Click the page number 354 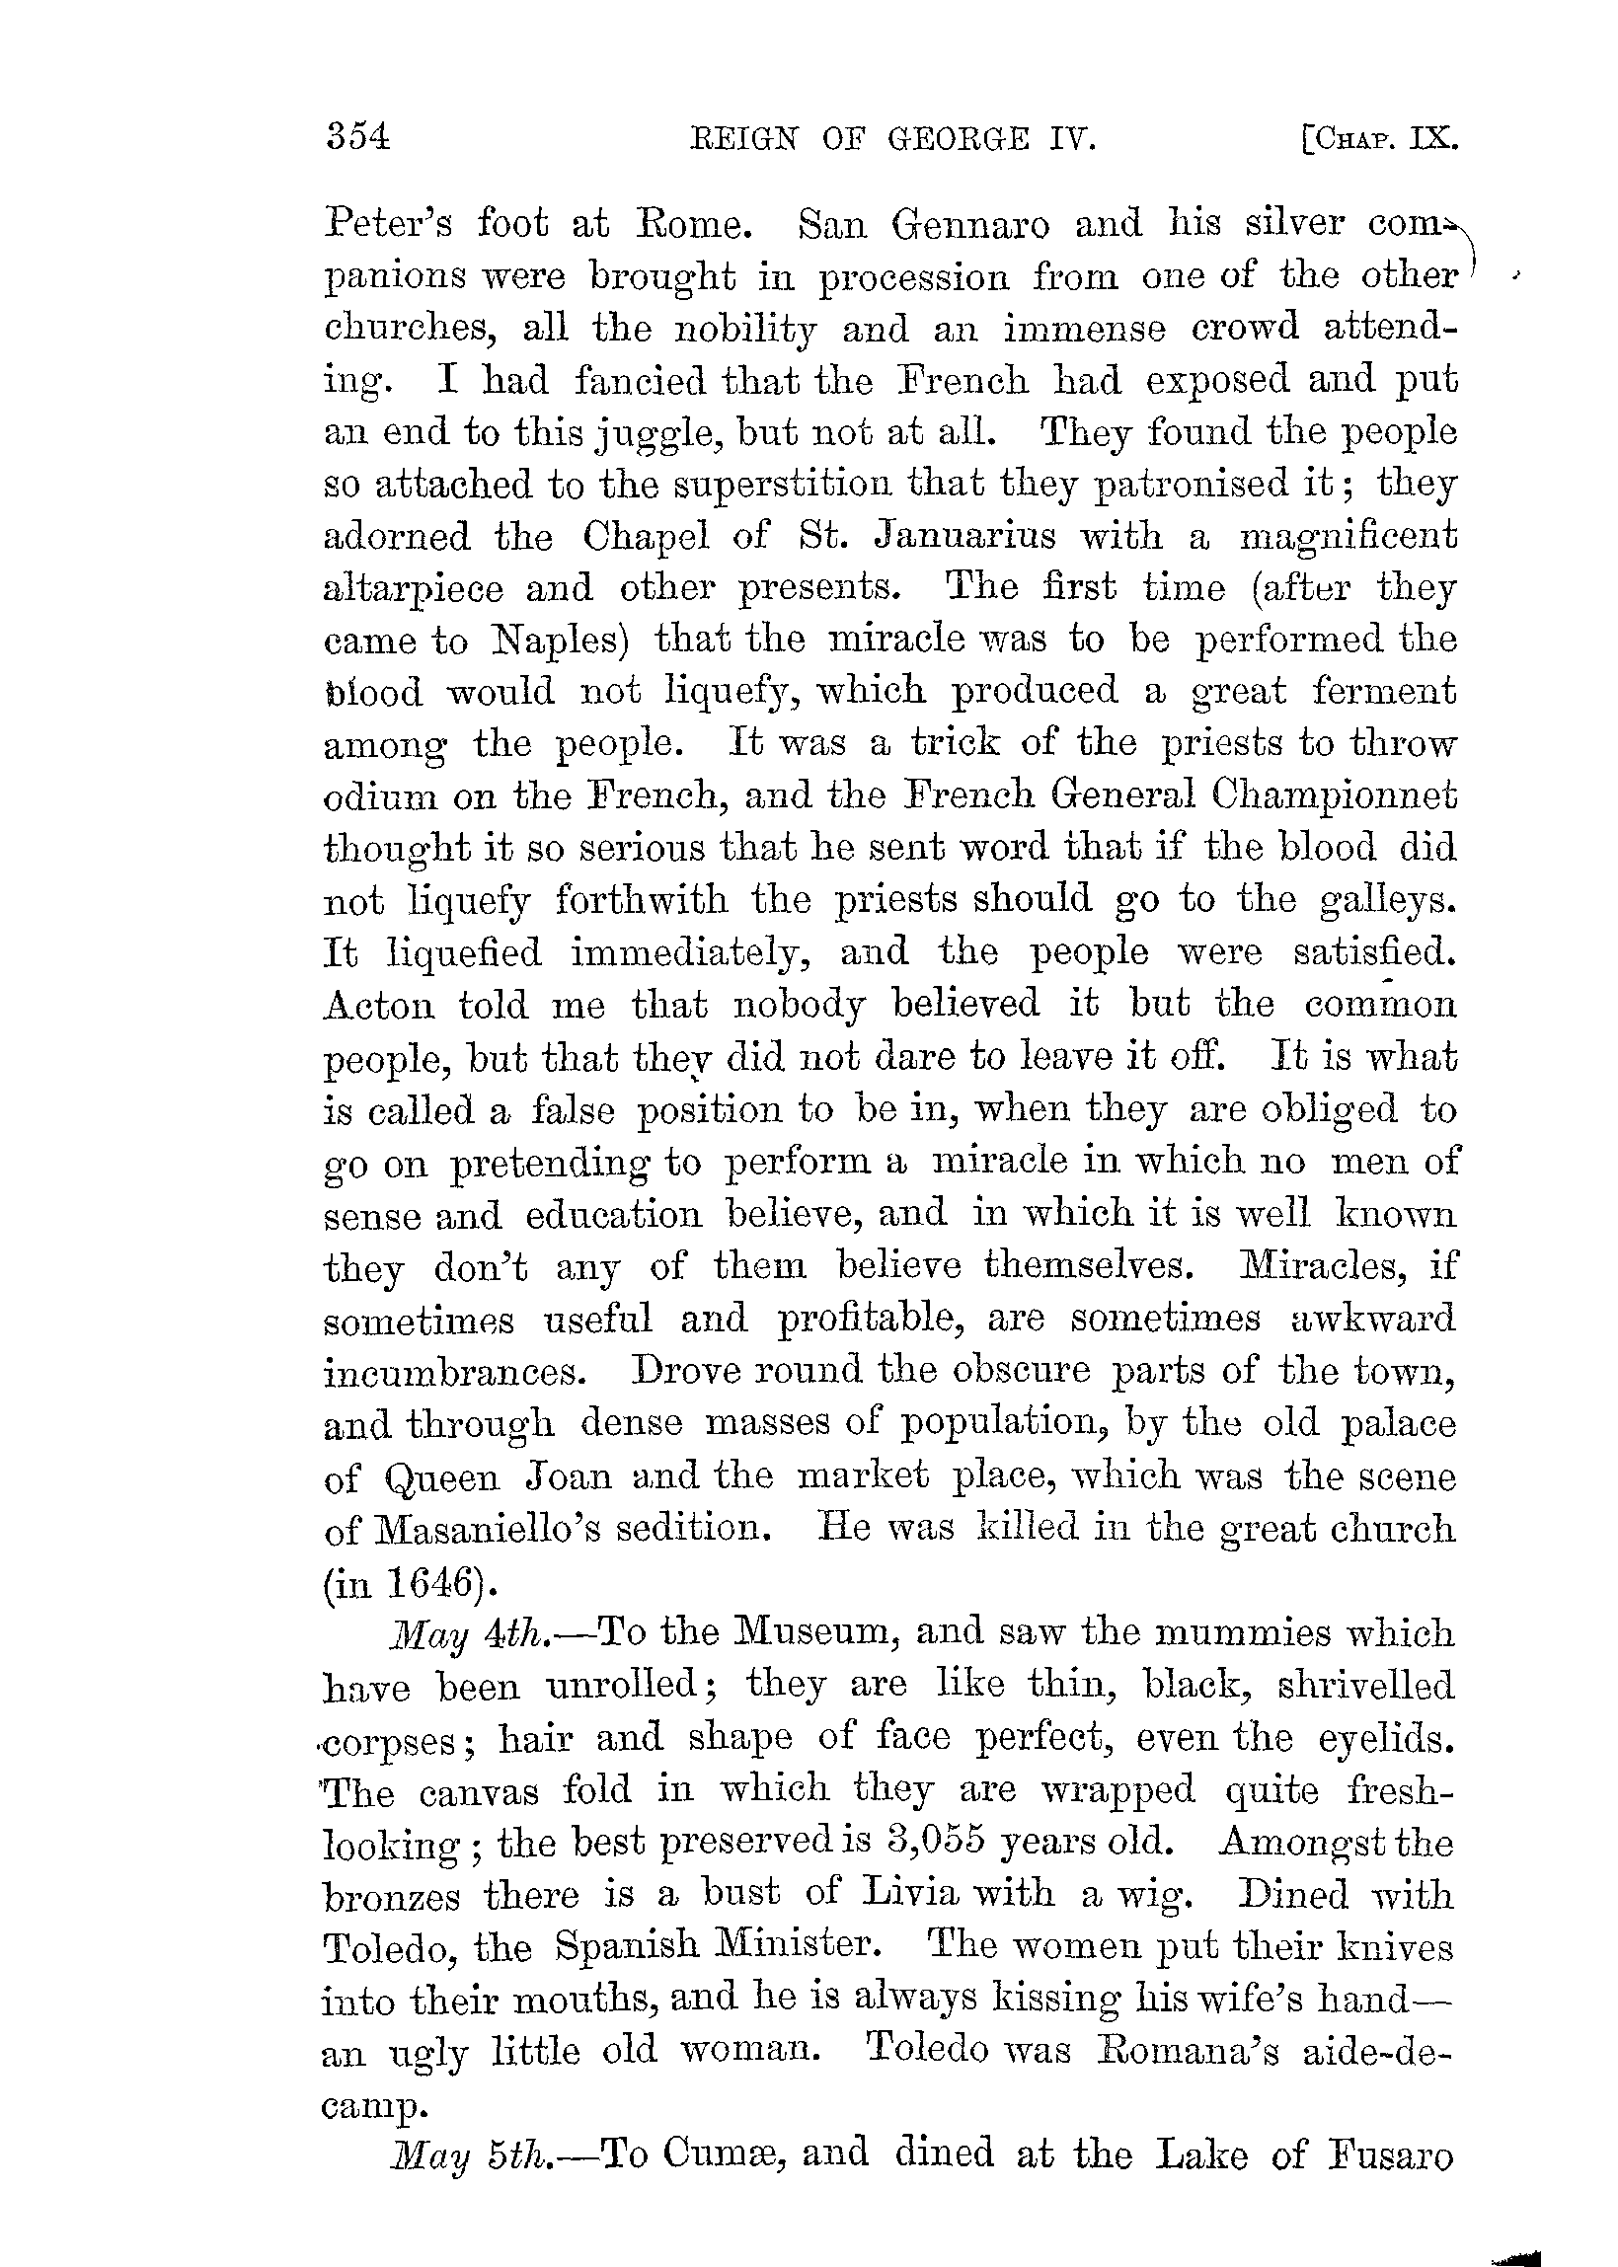[356, 136]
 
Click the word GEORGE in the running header [958, 138]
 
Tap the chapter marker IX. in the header [1433, 138]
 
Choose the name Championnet [1335, 795]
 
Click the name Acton [380, 1005]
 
